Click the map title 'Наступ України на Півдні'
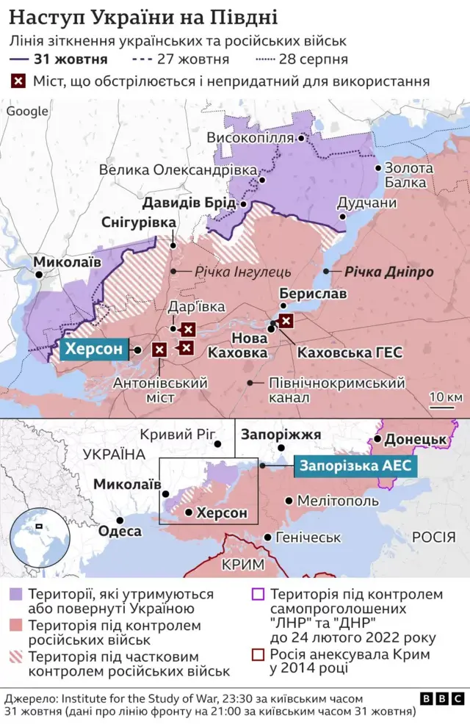click(x=144, y=16)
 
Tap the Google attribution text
click(x=27, y=112)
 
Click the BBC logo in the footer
click(x=442, y=698)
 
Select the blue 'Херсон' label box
click(x=93, y=350)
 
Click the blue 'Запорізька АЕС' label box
click(x=355, y=466)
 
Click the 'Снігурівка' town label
click(x=139, y=222)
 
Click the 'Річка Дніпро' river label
click(x=389, y=272)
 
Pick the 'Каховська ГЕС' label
click(x=350, y=352)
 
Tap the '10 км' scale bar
click(x=444, y=399)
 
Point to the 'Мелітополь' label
click(x=338, y=501)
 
